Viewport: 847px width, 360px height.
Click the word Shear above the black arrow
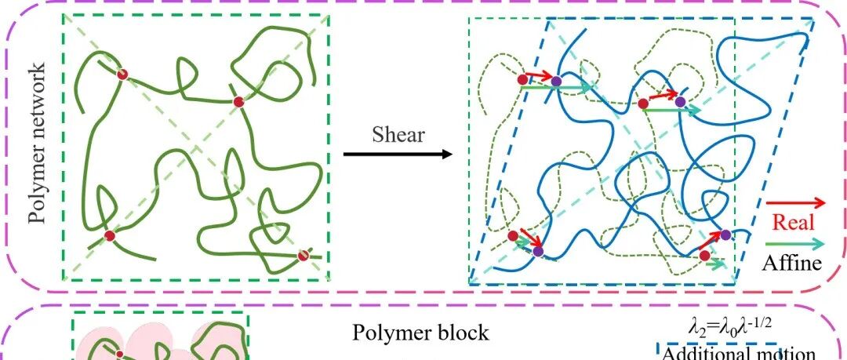pos(398,134)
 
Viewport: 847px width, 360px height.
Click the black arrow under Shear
pos(398,154)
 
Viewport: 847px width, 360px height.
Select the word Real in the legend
pos(793,222)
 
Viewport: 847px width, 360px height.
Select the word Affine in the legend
pos(791,262)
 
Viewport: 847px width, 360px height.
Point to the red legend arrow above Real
pos(794,202)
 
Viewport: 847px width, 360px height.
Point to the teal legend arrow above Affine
pos(794,242)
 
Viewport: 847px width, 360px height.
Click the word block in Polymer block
pos(461,333)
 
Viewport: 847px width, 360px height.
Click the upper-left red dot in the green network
pos(122,74)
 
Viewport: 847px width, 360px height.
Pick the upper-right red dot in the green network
pos(239,102)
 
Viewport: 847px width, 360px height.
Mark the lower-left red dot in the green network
pos(110,235)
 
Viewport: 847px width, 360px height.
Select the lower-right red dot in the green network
pos(304,254)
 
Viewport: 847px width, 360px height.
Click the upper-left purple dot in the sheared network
pos(556,81)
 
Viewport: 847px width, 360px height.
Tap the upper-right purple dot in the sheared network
pos(680,101)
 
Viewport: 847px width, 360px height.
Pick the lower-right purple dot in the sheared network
pos(725,235)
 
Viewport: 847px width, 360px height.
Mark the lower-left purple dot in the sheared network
pos(537,251)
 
